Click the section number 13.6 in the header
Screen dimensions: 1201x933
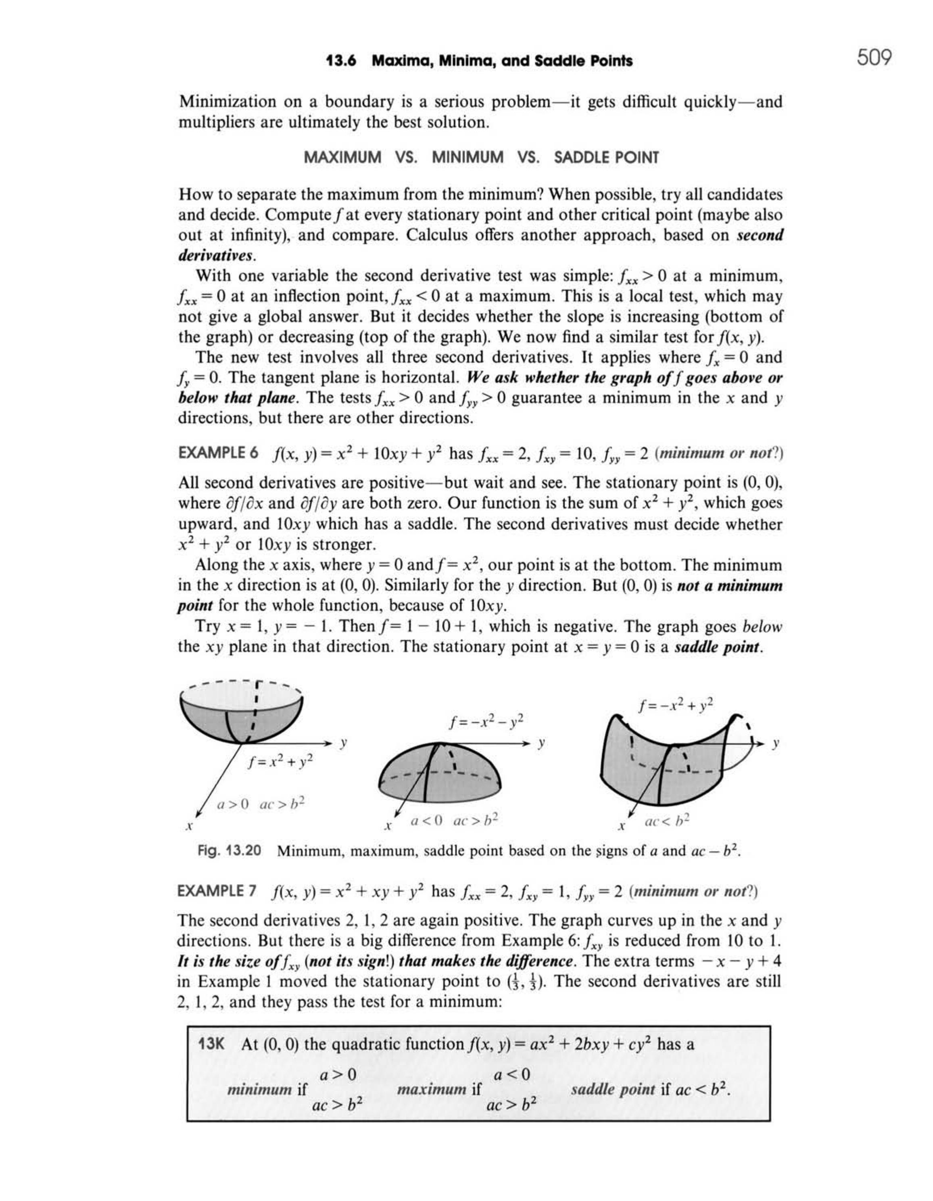tap(341, 61)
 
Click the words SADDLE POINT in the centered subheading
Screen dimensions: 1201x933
tap(606, 158)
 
